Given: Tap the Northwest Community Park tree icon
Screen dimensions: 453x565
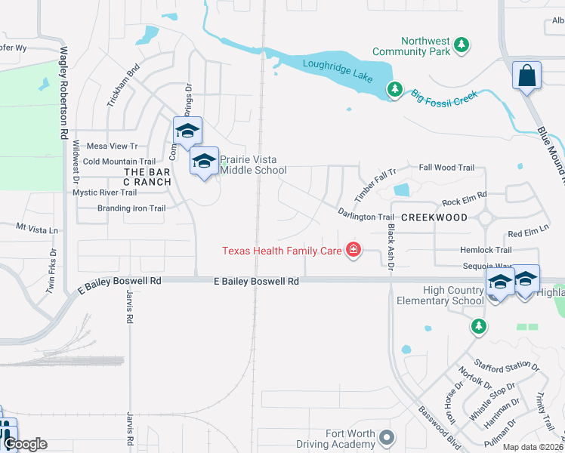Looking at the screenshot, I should pos(462,46).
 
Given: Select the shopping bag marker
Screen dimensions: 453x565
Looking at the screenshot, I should pos(526,76).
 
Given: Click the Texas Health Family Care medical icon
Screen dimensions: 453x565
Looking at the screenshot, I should pos(353,249).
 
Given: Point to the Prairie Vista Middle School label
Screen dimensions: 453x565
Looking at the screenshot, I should pos(253,165).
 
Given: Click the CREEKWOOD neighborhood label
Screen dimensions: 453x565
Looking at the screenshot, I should pos(434,217).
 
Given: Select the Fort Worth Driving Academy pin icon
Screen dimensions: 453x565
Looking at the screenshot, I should pos(387,438).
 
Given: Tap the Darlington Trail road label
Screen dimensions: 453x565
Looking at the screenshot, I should pos(366,217).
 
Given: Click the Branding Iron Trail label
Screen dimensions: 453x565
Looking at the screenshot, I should pos(131,208).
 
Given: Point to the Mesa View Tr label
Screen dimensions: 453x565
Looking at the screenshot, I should pos(113,146).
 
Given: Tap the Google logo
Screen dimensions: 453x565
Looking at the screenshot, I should pos(25,444).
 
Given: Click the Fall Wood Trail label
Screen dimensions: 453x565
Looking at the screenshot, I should pos(446,168).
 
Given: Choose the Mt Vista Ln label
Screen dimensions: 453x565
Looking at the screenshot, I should pos(37,226).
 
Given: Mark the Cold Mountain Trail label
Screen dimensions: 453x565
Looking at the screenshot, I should pos(119,162).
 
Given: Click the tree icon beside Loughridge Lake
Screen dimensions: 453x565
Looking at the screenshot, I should pos(394,90).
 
